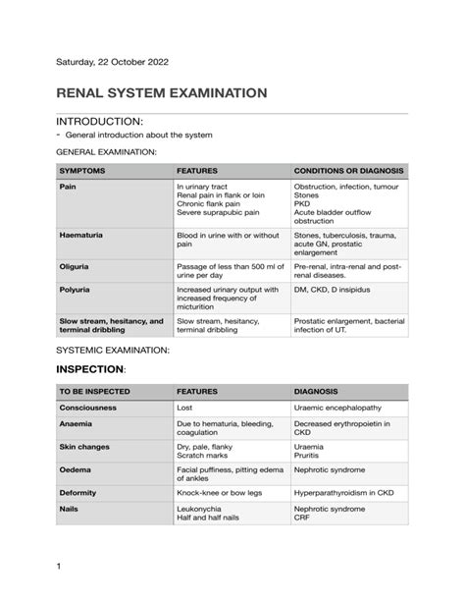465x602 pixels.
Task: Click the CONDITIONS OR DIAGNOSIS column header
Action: coord(349,170)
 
